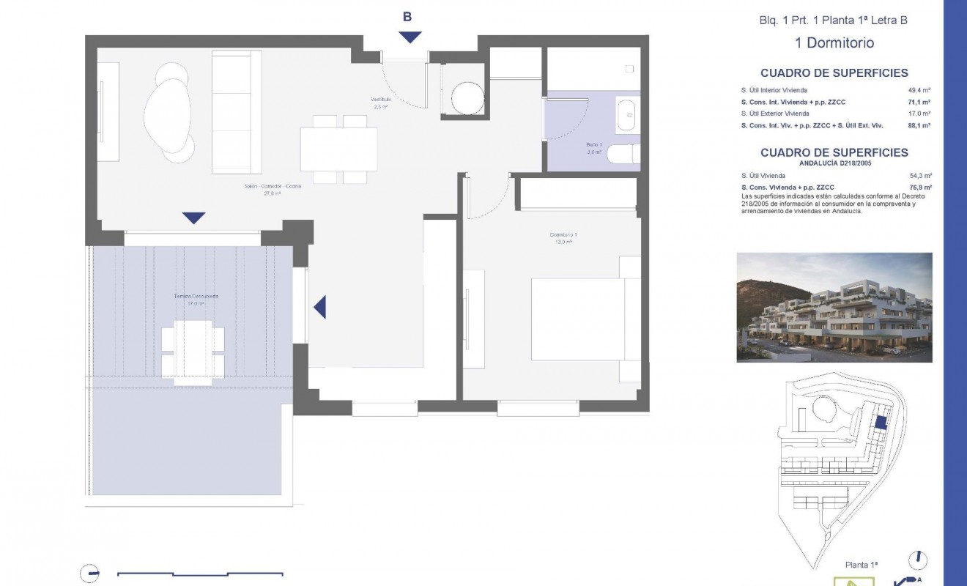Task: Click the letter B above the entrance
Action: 407,17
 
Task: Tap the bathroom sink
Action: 626,116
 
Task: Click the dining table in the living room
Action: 338,149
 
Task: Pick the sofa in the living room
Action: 236,112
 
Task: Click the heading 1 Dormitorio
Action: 834,42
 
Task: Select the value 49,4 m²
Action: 919,91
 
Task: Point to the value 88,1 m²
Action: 919,125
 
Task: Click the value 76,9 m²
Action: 919,188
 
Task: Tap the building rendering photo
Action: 834,307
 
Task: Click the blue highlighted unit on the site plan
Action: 881,422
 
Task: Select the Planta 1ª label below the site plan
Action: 862,565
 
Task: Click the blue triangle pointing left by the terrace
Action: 319,307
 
